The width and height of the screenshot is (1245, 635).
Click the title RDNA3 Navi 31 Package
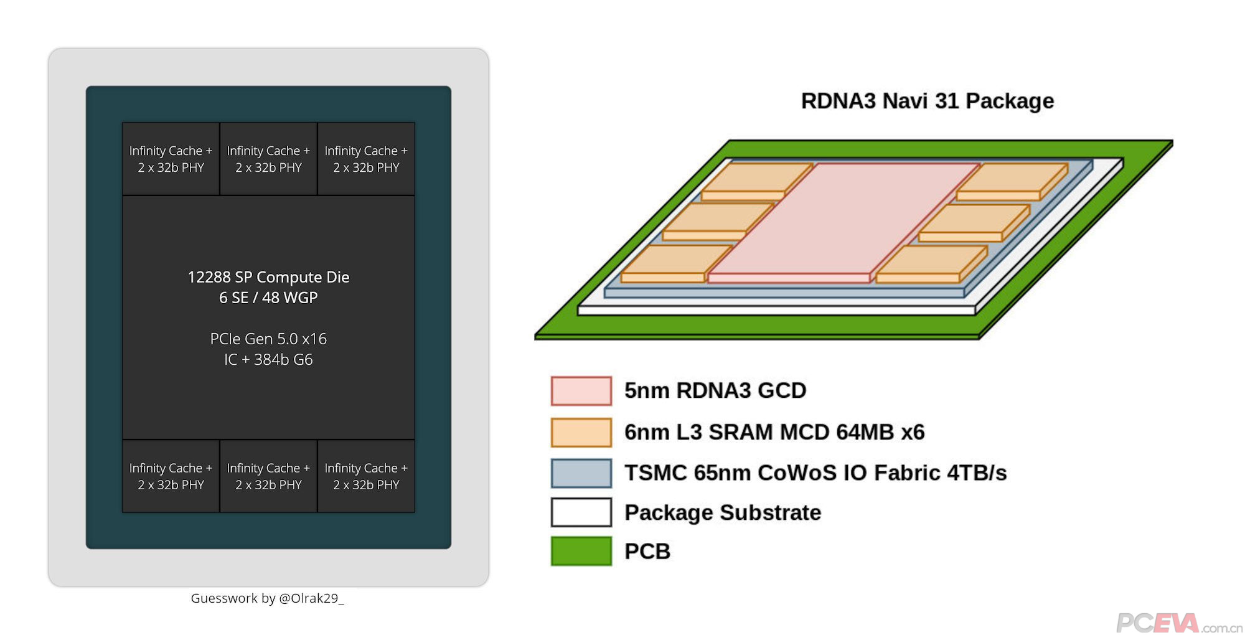(927, 101)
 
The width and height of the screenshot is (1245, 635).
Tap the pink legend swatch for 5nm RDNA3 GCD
(581, 391)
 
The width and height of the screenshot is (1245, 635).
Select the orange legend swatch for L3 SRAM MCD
(581, 432)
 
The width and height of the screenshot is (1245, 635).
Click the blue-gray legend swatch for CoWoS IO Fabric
(581, 473)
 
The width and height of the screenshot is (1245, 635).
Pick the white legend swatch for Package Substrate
(581, 512)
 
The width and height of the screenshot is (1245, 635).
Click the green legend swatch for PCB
(581, 551)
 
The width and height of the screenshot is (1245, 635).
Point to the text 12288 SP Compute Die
(268, 277)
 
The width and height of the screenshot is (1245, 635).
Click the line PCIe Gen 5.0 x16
(268, 339)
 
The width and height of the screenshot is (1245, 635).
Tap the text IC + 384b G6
(268, 359)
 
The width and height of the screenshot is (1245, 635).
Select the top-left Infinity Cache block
(171, 159)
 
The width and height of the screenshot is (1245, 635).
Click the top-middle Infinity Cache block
(268, 159)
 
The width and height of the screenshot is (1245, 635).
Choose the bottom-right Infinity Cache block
(366, 476)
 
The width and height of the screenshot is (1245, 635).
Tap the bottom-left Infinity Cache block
(171, 476)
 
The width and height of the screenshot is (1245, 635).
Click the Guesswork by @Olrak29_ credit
(267, 598)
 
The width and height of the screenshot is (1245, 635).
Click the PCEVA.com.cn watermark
(1178, 623)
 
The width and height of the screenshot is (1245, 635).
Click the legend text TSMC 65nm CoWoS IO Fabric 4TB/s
(815, 473)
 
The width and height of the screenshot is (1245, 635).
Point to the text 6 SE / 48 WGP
(268, 298)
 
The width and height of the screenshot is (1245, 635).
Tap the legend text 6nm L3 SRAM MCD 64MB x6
(774, 432)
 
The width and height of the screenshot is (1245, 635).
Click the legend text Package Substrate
(723, 512)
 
